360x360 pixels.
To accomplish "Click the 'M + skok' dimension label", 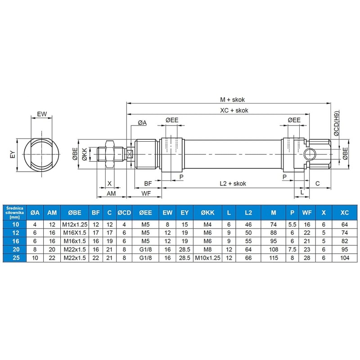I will (x=232, y=99).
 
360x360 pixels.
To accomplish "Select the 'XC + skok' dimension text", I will (x=234, y=110).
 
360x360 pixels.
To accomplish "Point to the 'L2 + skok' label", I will (x=233, y=183).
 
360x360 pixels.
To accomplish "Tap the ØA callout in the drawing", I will (x=142, y=122).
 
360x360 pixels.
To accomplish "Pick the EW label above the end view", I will (x=42, y=114).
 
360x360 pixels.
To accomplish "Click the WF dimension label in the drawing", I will (x=146, y=193).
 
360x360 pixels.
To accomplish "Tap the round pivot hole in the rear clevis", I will (x=310, y=155).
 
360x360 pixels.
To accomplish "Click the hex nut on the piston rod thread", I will (x=109, y=154).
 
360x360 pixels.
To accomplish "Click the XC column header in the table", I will (x=345, y=212).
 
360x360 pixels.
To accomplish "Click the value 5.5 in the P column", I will (x=292, y=224).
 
